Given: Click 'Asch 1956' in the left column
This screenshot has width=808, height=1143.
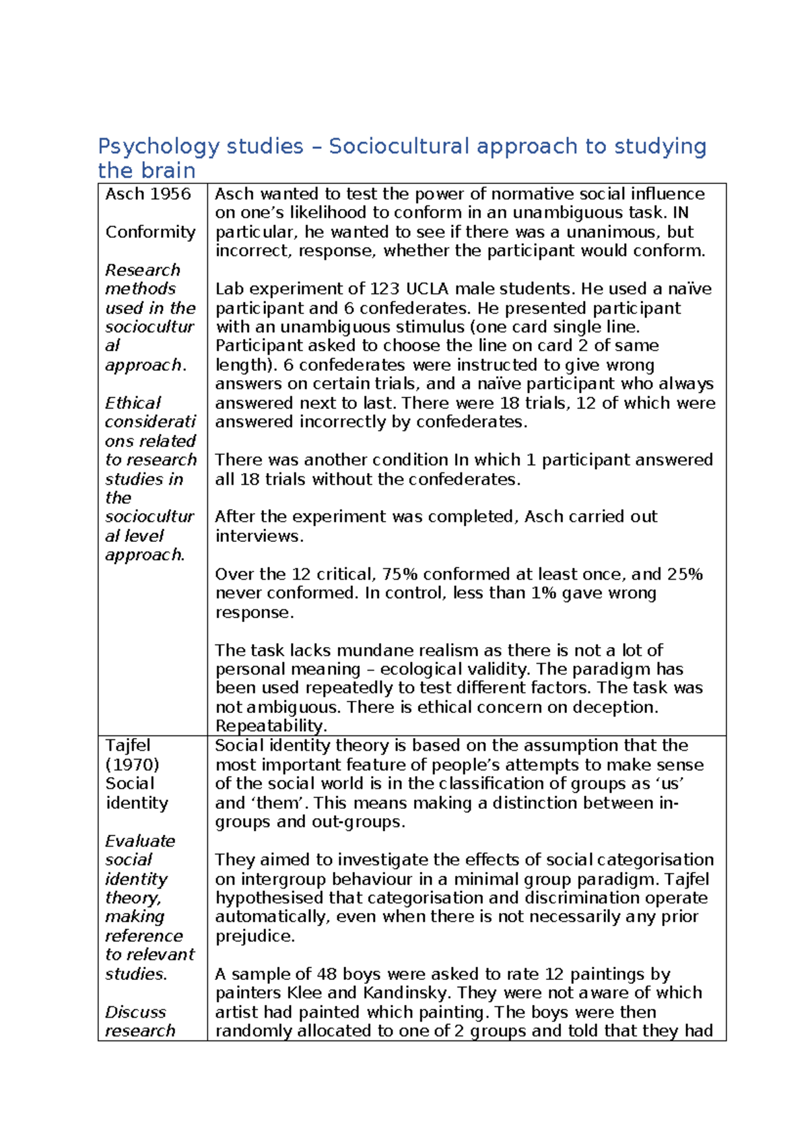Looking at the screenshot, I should click(x=148, y=194).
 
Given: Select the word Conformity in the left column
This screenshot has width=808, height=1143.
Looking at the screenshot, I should click(x=150, y=232).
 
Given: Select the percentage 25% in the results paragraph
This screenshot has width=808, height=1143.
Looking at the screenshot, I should click(x=685, y=574).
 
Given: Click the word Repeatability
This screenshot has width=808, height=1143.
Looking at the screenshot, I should click(x=271, y=726).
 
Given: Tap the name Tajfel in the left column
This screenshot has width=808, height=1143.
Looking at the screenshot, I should click(x=128, y=745).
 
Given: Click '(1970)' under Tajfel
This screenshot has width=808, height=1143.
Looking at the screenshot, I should click(x=132, y=765).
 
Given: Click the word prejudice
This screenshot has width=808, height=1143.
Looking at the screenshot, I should click(x=255, y=936).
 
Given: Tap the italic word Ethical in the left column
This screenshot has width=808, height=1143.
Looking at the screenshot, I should click(x=133, y=403).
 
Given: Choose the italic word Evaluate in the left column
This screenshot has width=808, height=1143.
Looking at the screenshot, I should click(x=140, y=841).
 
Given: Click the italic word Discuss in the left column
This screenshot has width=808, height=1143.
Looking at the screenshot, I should click(x=135, y=1012).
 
